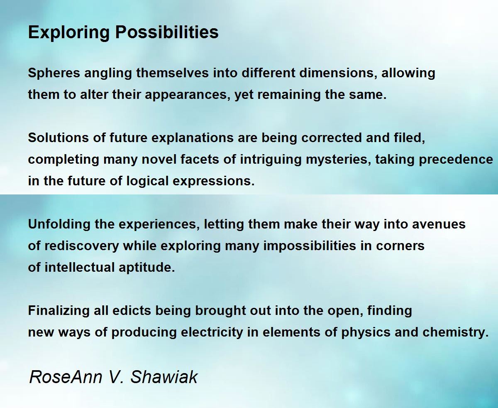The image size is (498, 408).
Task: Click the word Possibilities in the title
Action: (167, 32)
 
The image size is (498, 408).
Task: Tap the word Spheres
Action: (54, 73)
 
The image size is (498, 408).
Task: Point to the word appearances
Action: (188, 95)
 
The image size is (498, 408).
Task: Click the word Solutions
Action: (59, 138)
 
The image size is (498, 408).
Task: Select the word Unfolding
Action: (59, 224)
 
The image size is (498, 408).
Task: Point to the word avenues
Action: (439, 224)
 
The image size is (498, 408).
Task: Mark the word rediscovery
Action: (82, 246)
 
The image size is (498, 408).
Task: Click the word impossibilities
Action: (310, 246)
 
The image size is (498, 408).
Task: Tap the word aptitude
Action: (146, 268)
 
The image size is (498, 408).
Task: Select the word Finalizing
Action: (59, 311)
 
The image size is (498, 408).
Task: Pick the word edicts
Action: (132, 311)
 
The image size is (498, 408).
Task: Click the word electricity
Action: (212, 332)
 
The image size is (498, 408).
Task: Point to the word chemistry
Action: (456, 332)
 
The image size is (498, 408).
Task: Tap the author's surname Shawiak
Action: (164, 377)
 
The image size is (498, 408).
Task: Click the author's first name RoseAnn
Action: (66, 377)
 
